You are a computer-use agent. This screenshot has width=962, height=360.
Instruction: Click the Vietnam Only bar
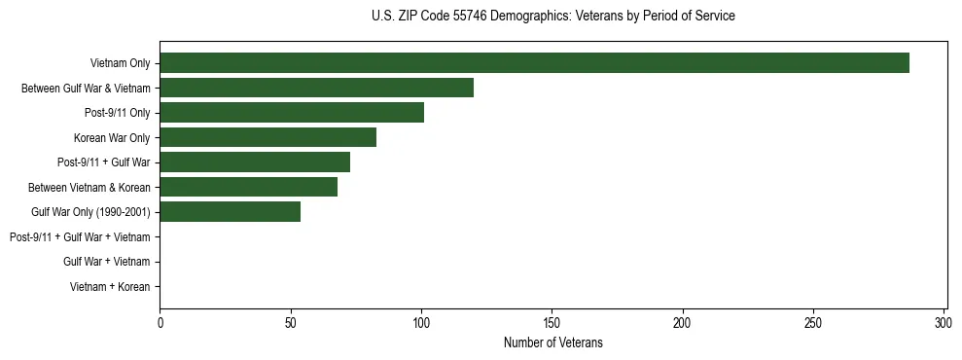click(534, 63)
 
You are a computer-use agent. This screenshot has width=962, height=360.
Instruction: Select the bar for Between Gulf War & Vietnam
click(316, 88)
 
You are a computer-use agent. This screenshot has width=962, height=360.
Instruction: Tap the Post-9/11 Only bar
click(292, 113)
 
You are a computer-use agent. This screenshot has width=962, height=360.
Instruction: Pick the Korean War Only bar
click(267, 137)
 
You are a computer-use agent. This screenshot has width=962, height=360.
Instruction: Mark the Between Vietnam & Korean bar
click(248, 187)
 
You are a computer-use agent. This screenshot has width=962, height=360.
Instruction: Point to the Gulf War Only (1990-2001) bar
click(230, 211)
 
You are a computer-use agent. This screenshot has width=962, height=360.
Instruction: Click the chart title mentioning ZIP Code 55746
click(553, 17)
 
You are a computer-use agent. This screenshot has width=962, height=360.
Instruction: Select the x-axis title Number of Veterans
click(553, 342)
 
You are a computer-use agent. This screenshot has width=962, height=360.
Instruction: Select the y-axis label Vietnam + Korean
click(110, 287)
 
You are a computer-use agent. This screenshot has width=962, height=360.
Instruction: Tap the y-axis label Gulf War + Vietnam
click(106, 262)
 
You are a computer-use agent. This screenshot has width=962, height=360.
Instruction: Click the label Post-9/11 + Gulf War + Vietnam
click(80, 236)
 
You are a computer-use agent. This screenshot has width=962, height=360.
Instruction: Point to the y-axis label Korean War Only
click(112, 138)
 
